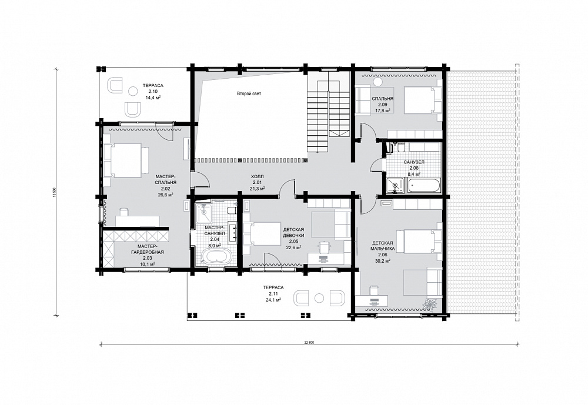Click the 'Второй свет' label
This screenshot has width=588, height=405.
point(249,93)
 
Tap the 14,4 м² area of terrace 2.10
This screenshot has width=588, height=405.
point(153,98)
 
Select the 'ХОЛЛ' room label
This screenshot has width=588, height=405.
point(258,176)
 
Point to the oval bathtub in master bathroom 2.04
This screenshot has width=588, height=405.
point(217,257)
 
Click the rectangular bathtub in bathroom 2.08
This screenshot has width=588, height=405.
point(424,185)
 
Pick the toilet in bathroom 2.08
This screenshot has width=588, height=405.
point(400,148)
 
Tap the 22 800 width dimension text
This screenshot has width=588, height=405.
point(309,342)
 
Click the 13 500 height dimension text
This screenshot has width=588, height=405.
point(55,192)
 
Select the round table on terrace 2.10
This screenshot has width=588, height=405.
point(133,91)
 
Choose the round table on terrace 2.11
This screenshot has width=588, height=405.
point(319,298)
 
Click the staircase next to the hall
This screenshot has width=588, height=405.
point(329,111)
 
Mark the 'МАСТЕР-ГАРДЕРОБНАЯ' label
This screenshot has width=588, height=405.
point(148,249)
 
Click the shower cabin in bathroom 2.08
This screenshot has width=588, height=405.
point(396,185)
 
